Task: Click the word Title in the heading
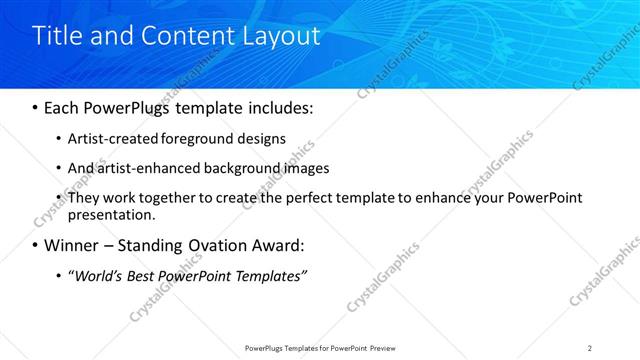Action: (56, 36)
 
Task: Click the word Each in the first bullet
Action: (62, 106)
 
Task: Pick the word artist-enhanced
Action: (143, 169)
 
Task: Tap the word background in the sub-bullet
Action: (242, 169)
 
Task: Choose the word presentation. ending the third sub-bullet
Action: (112, 214)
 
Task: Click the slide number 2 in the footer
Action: (590, 348)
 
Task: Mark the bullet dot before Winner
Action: (35, 246)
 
